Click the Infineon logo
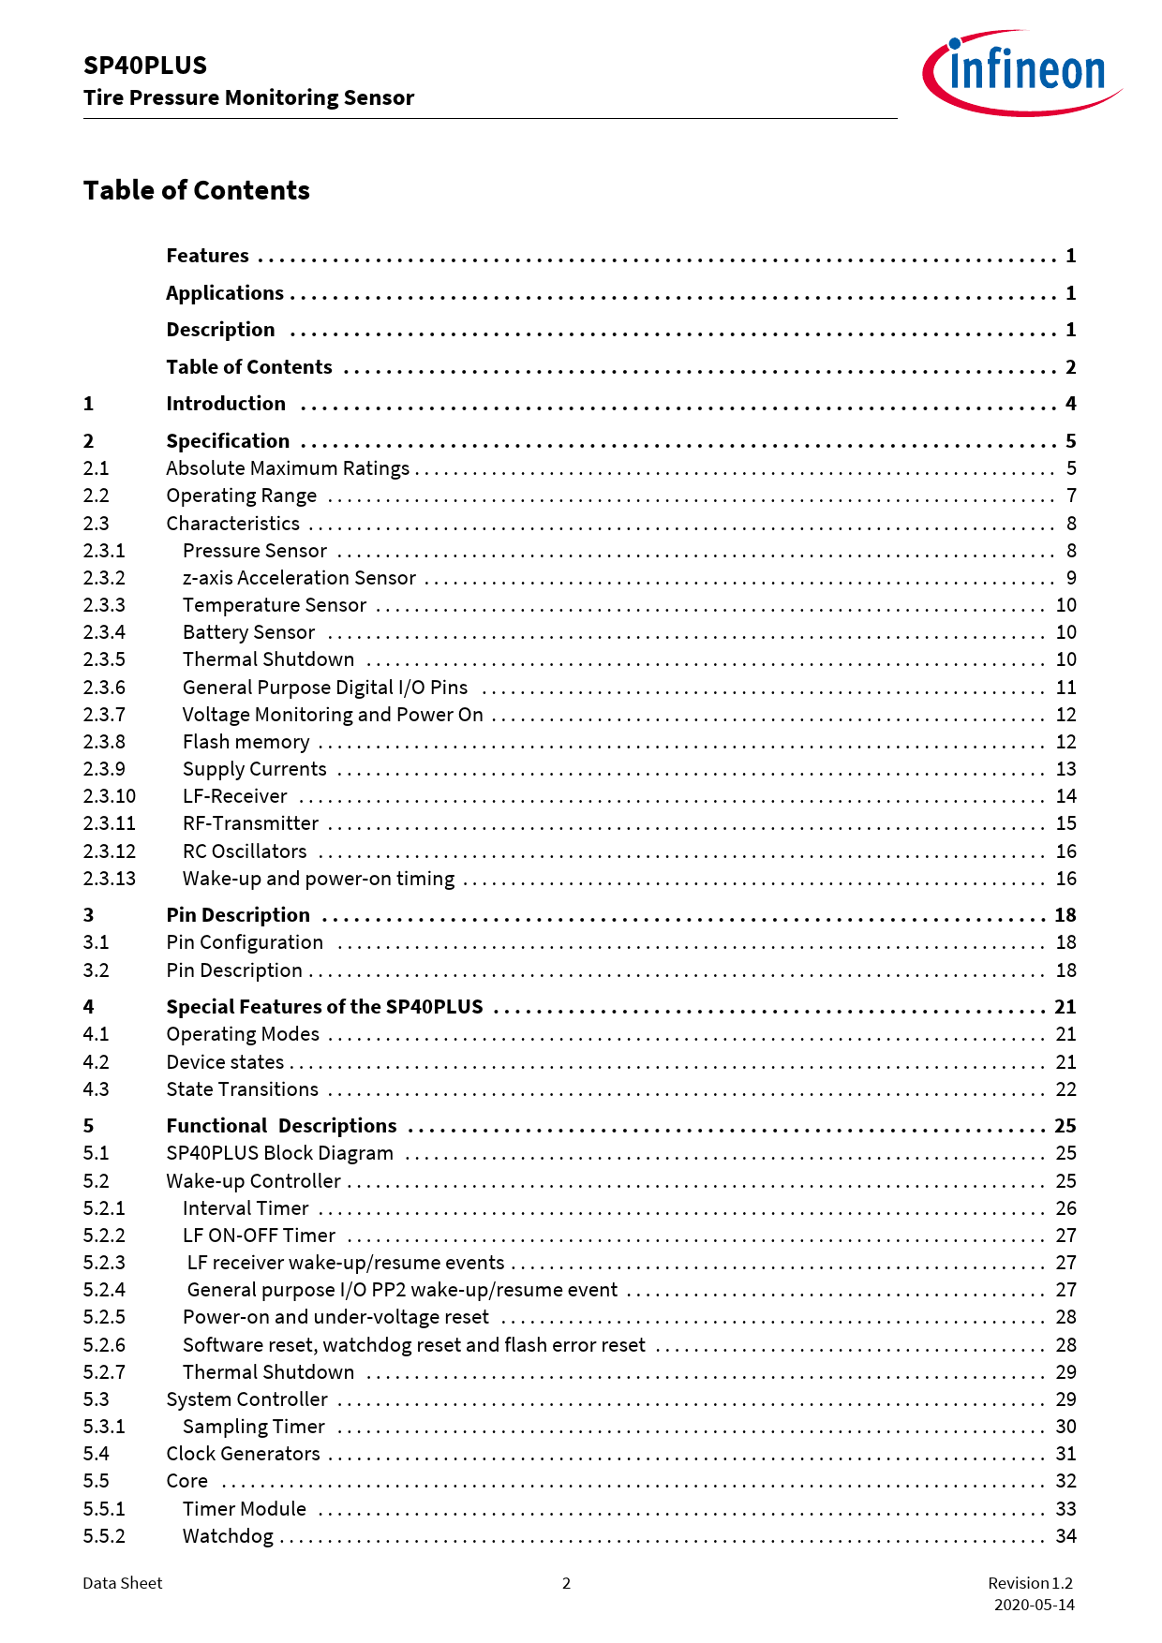coord(1021,72)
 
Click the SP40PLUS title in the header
coord(145,66)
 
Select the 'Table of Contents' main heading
coord(196,190)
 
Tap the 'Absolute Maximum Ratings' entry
coord(288,468)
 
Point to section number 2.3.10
coord(109,796)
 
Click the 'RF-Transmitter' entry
coord(250,823)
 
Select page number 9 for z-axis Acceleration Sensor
coord(1071,578)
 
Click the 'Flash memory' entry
coord(246,742)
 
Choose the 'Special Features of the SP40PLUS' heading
coord(324,1007)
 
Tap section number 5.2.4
coord(104,1290)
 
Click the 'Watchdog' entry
coord(228,1536)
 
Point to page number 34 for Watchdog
coord(1065,1536)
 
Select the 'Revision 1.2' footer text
coord(1030,1583)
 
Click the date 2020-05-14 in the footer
coord(1035,1605)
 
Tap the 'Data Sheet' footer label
coord(122,1583)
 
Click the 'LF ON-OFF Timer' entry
coord(259,1236)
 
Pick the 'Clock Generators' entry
coord(243,1454)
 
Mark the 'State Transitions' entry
coord(242,1089)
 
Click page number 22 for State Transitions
coord(1065,1089)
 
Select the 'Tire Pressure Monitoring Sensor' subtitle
coord(248,97)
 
